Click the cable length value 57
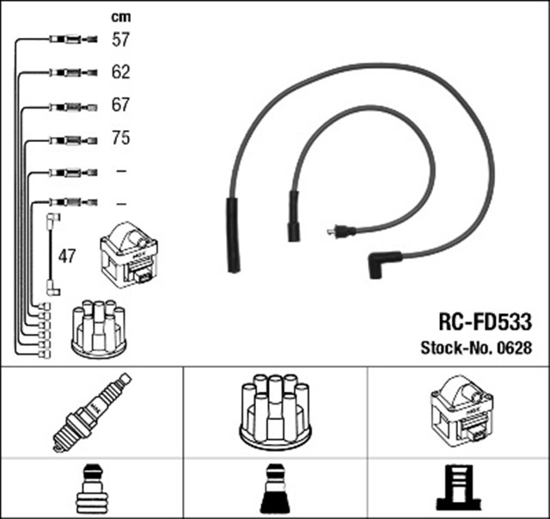coord(120,40)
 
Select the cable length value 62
coord(120,72)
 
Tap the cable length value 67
coord(120,105)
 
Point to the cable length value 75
coord(120,138)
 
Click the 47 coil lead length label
coord(67,256)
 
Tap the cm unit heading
coord(121,17)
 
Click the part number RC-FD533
coord(485,322)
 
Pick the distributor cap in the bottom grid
coord(275,411)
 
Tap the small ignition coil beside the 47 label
coord(129,255)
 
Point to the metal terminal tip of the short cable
coord(331,232)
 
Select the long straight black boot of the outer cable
coord(233,235)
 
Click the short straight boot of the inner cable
coord(294,216)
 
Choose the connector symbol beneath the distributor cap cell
coord(275,489)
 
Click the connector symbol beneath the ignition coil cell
coord(458,487)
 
